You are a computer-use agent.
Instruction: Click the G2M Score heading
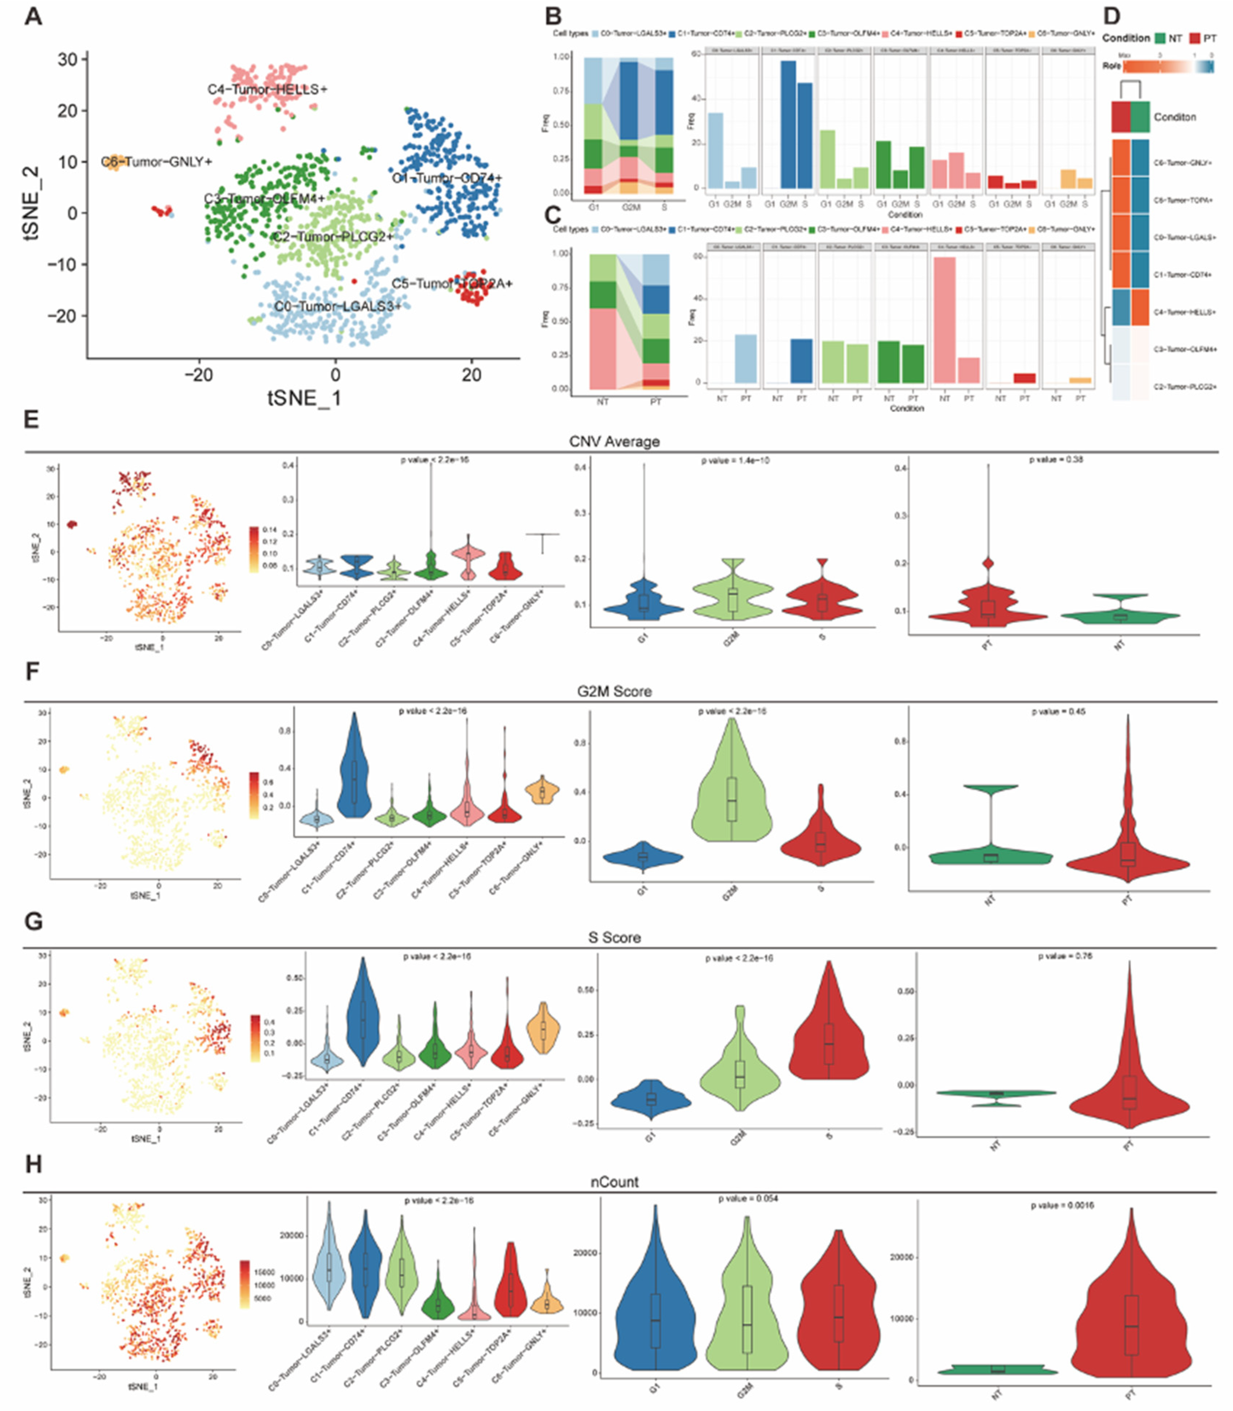pos(614,691)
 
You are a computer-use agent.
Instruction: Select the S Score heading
pos(614,937)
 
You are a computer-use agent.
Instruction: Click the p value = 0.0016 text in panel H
pos(1062,1205)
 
